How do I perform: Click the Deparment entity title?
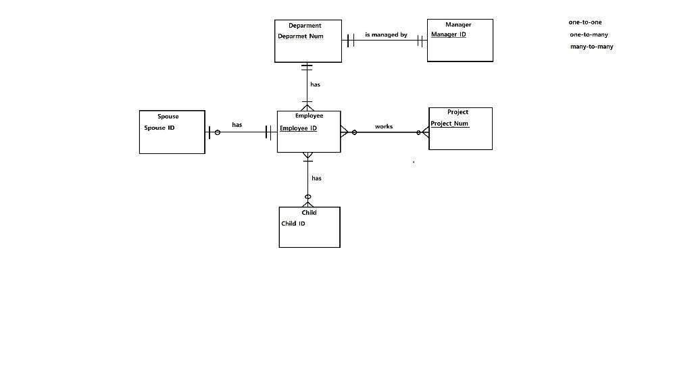(x=305, y=26)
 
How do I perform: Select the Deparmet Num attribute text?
(x=301, y=36)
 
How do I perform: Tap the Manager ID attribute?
(x=449, y=34)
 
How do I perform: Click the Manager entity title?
(x=458, y=25)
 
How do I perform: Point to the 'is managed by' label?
(x=386, y=34)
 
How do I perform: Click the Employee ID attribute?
(x=298, y=128)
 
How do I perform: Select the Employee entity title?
(x=309, y=115)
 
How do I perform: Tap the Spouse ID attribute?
(x=159, y=128)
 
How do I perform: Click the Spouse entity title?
(x=168, y=117)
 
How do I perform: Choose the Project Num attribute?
(x=449, y=124)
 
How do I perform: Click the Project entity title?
(x=458, y=112)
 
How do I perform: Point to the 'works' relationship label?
(x=384, y=127)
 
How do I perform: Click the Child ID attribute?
(x=293, y=224)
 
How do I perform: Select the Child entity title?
(x=309, y=213)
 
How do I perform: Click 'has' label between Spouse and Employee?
(x=237, y=125)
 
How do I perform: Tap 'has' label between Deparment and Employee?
(x=316, y=85)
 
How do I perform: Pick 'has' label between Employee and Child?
(x=316, y=178)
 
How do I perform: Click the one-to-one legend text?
(x=585, y=22)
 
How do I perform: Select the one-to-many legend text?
(x=589, y=34)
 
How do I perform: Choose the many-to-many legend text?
(x=591, y=47)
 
